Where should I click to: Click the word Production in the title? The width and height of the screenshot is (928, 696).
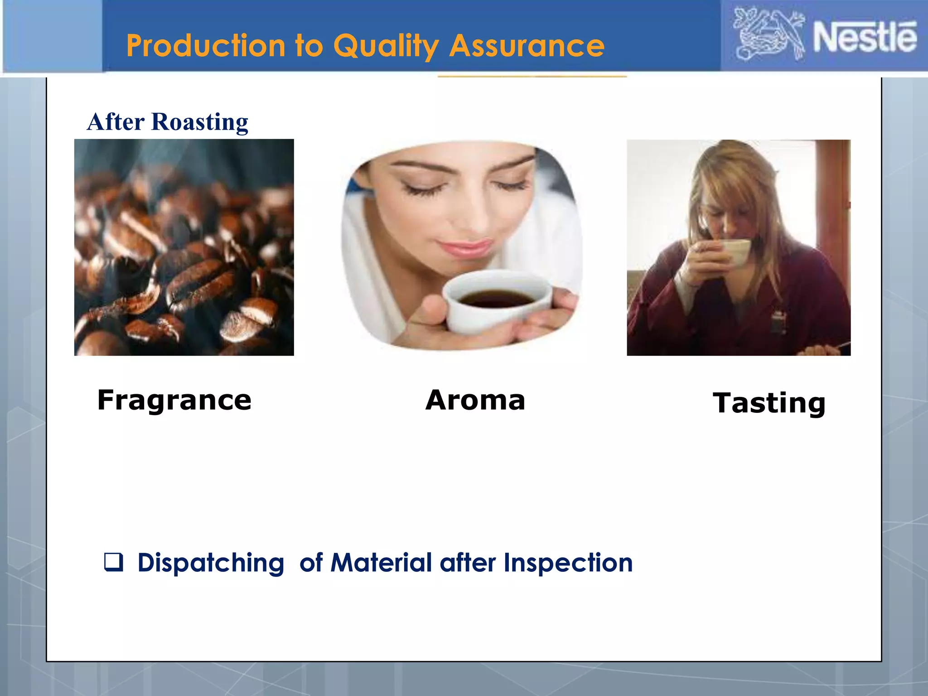click(206, 46)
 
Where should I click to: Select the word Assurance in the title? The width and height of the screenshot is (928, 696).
click(527, 46)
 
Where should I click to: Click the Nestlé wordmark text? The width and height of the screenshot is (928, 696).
click(865, 37)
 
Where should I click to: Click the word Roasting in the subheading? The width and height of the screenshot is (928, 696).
click(200, 122)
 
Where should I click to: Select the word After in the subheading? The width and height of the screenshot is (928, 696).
click(116, 122)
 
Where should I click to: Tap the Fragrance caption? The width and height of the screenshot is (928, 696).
click(174, 401)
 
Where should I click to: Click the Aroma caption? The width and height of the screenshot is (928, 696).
click(475, 401)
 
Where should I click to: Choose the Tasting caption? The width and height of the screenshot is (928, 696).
click(769, 403)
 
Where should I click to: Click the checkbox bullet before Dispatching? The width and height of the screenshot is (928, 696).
click(113, 562)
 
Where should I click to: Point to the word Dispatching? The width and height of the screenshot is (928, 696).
click(211, 563)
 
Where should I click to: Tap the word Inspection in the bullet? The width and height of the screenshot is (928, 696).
click(568, 563)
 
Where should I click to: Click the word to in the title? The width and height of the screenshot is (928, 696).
click(309, 46)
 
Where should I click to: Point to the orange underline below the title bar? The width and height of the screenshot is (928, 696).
click(532, 77)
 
